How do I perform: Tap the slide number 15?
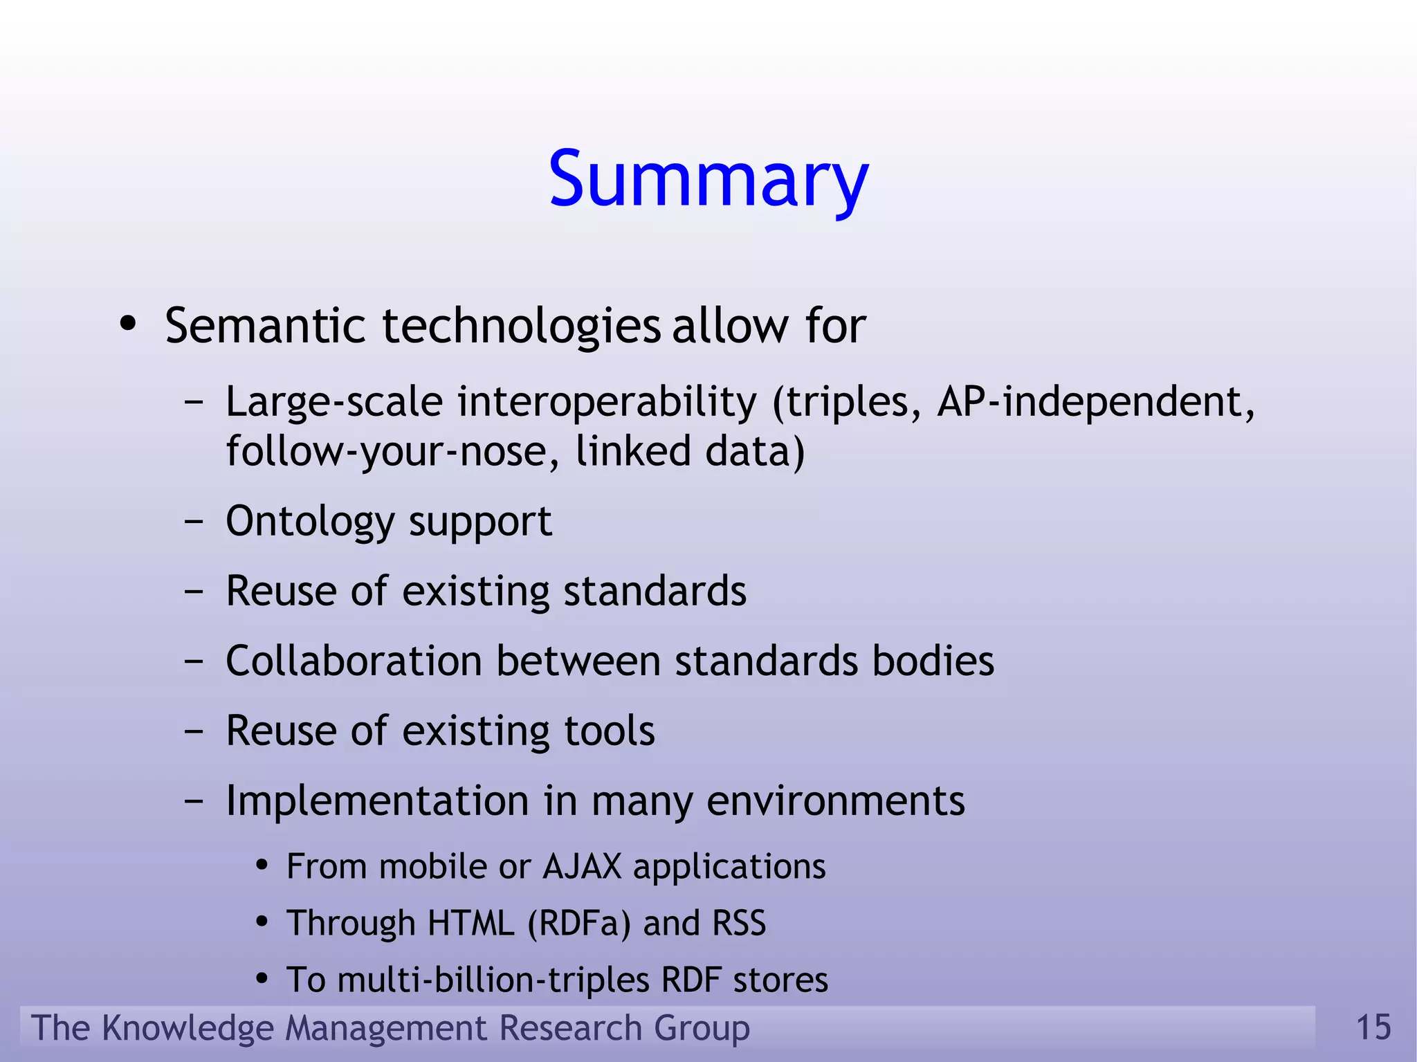1373,1027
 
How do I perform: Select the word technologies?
521,327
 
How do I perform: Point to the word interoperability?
607,402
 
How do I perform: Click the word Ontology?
309,522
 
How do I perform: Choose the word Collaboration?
354,661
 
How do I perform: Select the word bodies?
933,661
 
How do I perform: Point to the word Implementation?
378,801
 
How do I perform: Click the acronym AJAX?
583,867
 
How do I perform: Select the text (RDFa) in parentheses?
579,924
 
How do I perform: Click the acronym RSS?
739,924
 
